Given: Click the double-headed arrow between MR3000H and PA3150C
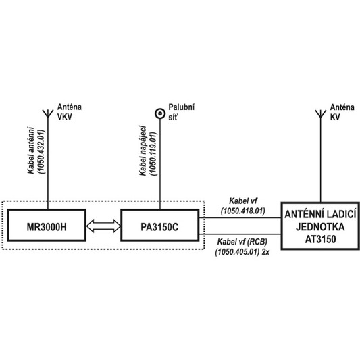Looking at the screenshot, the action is click(x=103, y=226).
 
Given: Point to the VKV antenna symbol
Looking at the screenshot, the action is click(x=48, y=114).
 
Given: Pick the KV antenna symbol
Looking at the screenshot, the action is click(x=321, y=114).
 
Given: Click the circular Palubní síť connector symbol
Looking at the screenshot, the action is click(x=160, y=113).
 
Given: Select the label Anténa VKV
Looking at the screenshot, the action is click(x=70, y=112).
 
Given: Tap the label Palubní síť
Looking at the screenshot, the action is click(x=182, y=112).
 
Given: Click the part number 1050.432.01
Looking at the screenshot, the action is click(x=43, y=152).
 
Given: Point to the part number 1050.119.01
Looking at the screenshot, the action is click(x=154, y=154).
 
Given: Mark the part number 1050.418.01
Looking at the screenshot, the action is click(x=243, y=211).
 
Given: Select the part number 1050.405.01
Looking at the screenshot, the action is click(x=237, y=252).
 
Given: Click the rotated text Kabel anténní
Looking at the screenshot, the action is click(x=31, y=151).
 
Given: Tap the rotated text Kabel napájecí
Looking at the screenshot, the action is click(x=143, y=151).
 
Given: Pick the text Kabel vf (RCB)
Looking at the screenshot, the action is click(x=242, y=242).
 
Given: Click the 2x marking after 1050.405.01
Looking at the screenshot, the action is click(x=265, y=252).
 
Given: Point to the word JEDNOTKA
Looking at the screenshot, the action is click(x=320, y=227).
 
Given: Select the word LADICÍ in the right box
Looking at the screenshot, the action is click(x=341, y=214).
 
